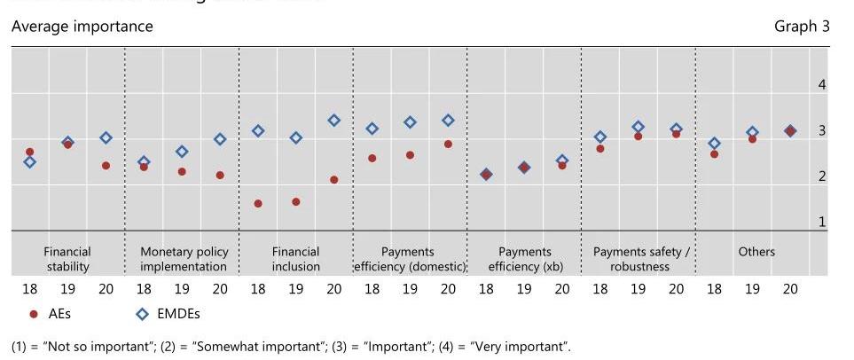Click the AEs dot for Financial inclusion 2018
[258, 204]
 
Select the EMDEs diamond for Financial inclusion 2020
[334, 121]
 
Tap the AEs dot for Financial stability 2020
[106, 166]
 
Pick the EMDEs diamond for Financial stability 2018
[29, 162]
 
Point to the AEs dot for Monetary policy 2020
[220, 176]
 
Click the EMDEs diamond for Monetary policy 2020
[220, 139]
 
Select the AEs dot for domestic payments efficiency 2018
[372, 159]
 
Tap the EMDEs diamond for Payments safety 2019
[638, 127]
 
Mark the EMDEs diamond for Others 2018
[714, 144]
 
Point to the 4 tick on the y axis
[822, 85]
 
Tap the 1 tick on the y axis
[822, 223]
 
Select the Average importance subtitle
[82, 27]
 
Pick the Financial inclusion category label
[295, 259]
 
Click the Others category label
[756, 252]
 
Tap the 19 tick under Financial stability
[67, 289]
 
